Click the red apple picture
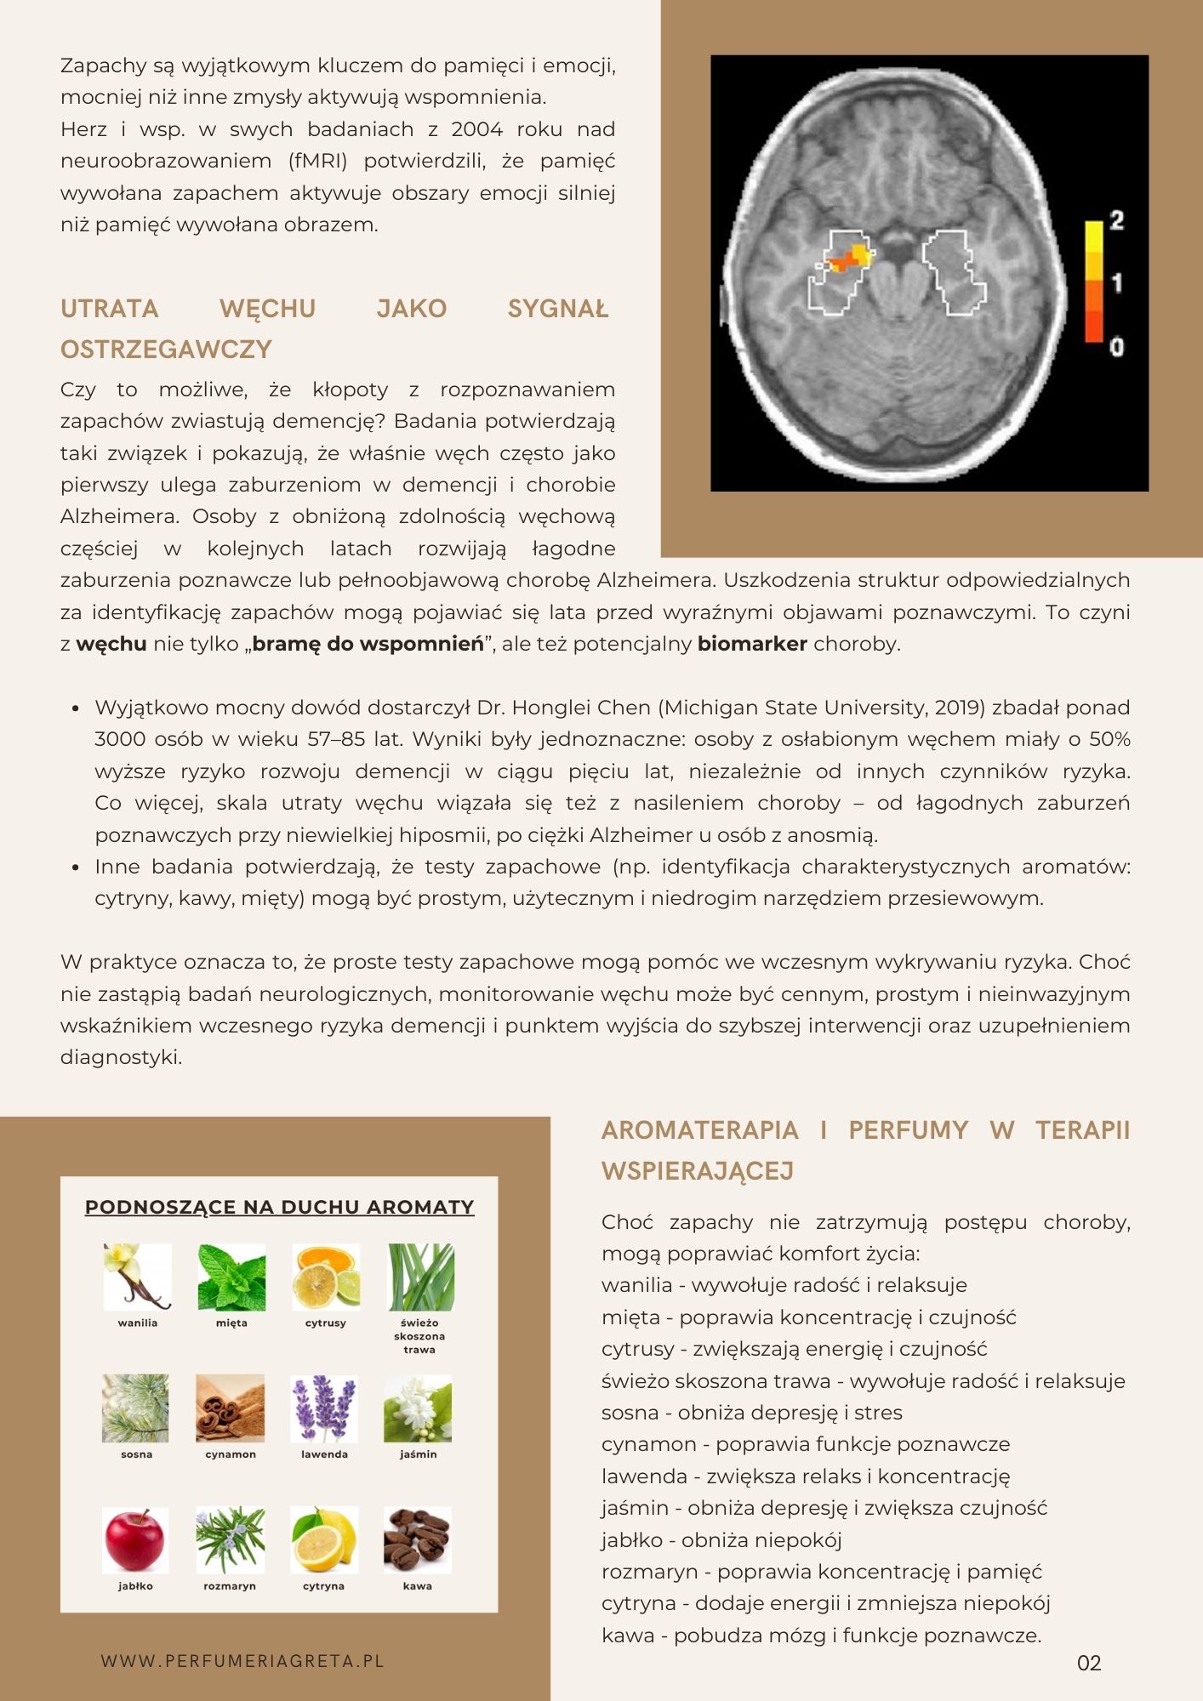(135, 1540)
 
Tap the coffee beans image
(417, 1540)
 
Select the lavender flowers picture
(324, 1408)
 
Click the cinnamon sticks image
(230, 1408)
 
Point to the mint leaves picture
(231, 1277)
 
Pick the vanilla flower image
(137, 1277)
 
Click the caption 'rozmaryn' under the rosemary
(230, 1586)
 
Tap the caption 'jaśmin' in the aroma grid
(418, 1454)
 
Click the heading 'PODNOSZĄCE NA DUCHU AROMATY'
(279, 1207)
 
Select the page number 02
(1089, 1663)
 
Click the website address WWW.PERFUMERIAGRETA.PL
(242, 1661)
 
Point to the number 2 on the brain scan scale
(1117, 220)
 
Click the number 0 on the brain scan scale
(1117, 347)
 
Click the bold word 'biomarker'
(752, 644)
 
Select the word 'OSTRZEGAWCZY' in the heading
(166, 350)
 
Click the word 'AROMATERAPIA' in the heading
(699, 1130)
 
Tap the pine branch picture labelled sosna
(135, 1408)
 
